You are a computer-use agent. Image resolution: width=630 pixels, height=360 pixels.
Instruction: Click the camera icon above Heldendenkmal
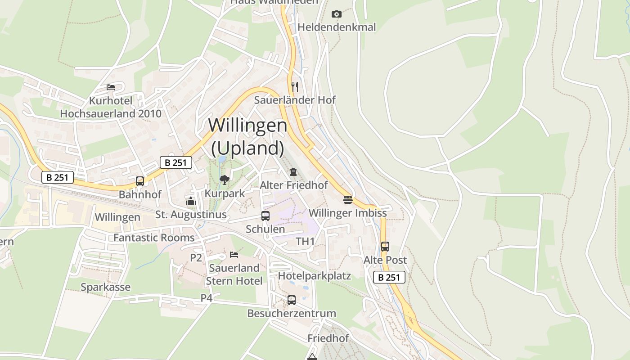point(336,14)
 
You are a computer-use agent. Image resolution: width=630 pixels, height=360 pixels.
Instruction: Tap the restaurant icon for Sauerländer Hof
point(295,86)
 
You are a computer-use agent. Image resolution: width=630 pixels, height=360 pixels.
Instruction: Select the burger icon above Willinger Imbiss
point(347,199)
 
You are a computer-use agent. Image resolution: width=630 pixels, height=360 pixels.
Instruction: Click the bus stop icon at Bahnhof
point(140,181)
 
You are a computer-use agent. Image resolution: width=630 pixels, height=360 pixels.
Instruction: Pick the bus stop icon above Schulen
point(265,216)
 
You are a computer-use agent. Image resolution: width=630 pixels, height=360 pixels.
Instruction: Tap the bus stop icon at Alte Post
point(385,247)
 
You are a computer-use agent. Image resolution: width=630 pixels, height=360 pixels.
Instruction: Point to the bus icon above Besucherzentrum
point(292,300)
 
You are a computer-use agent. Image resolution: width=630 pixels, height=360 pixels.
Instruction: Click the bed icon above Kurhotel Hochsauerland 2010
point(111,87)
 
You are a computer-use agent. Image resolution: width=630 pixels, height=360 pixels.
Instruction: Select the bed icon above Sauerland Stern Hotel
point(234,255)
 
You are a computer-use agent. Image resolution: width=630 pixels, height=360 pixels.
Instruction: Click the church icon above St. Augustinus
point(191,201)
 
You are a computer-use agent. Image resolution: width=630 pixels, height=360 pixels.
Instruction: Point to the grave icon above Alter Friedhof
point(293,171)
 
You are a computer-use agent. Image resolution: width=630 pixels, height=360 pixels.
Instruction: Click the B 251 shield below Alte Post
point(389,277)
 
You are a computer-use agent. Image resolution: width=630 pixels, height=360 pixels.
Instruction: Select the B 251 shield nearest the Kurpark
point(176,162)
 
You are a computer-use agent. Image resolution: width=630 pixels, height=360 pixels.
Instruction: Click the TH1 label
point(306,242)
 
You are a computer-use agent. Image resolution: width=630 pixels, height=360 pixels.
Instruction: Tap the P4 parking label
point(206,298)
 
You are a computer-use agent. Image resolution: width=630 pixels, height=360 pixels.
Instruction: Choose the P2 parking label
point(196,257)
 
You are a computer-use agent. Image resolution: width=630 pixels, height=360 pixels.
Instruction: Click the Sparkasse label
point(105,287)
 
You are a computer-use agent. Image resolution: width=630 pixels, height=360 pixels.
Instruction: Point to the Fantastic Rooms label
point(154,238)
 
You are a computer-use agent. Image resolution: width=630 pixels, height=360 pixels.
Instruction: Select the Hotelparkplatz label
point(314,275)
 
